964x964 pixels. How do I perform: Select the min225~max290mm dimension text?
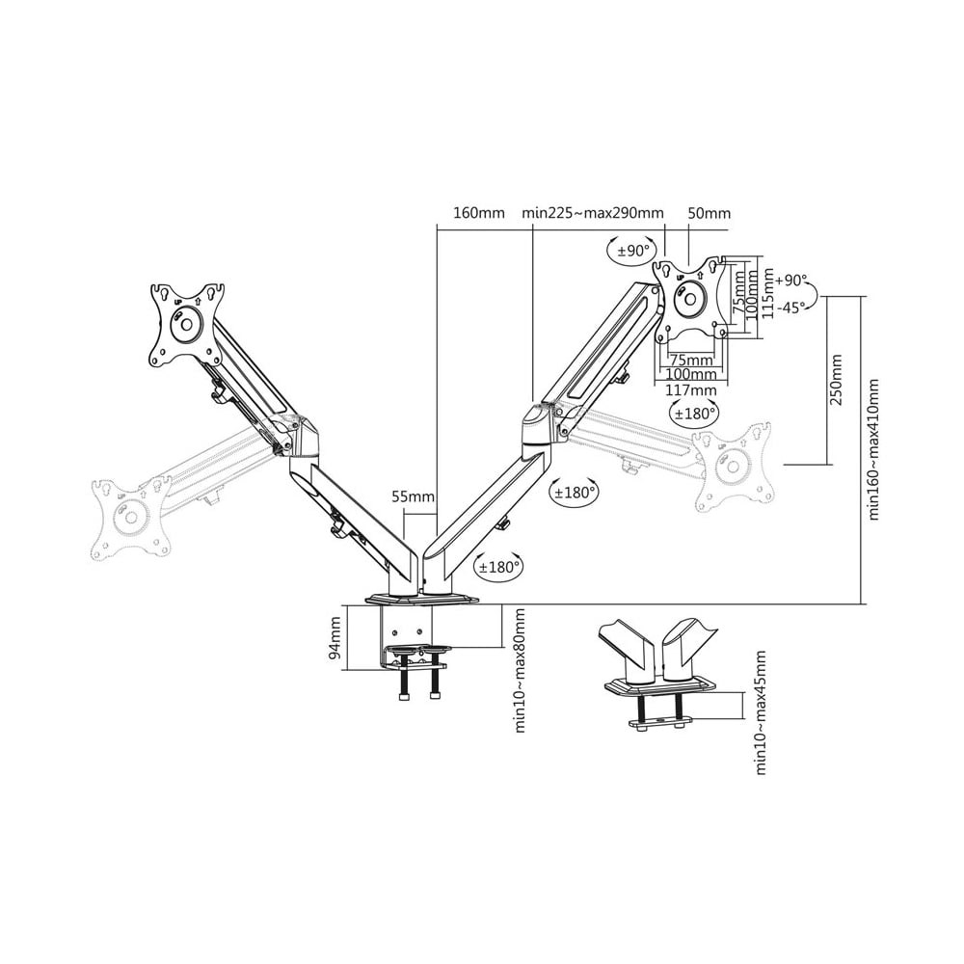[593, 213]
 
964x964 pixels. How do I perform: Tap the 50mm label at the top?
[709, 213]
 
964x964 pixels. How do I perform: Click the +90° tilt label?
[790, 281]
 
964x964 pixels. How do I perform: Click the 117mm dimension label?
[690, 389]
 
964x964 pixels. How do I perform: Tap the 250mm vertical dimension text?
[836, 380]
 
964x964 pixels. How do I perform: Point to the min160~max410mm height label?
[873, 448]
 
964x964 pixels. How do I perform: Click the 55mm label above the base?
[413, 497]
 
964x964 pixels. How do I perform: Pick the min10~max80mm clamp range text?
[521, 670]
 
